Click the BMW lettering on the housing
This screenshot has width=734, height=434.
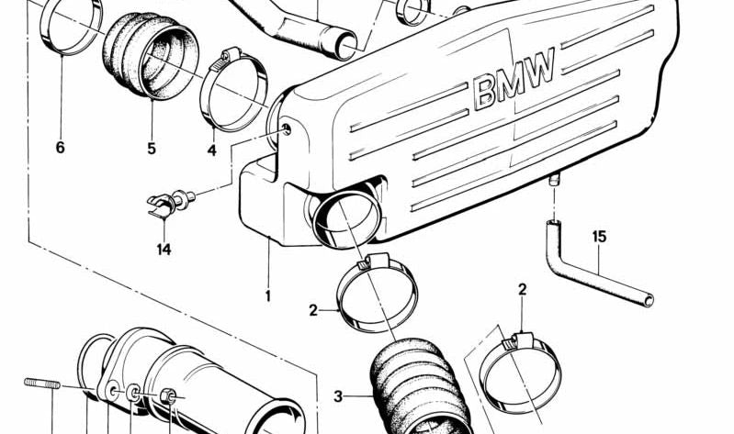click(x=515, y=78)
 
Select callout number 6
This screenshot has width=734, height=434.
click(x=61, y=147)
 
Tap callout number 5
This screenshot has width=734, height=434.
click(x=152, y=147)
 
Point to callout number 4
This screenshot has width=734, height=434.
click(x=211, y=149)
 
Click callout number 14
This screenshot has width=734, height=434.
click(x=164, y=248)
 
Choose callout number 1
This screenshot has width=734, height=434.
click(x=268, y=295)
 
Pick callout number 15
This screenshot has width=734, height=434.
click(x=599, y=237)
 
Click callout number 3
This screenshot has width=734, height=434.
click(x=338, y=396)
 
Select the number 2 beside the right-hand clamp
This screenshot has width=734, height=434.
click(x=522, y=290)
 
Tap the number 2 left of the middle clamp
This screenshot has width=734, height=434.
click(x=313, y=310)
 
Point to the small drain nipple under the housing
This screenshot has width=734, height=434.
click(x=555, y=183)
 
